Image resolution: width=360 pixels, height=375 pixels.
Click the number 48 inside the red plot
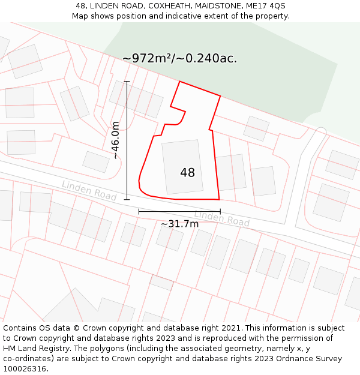(187, 173)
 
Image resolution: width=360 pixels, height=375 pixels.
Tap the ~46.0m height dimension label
(116, 140)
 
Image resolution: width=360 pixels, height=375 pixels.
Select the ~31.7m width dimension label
(179, 224)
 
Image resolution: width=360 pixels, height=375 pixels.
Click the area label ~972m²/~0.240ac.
(180, 58)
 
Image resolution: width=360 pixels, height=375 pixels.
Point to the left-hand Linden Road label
(89, 191)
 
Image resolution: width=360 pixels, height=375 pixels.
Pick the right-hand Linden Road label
(221, 218)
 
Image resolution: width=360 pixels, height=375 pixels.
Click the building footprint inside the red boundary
(182, 167)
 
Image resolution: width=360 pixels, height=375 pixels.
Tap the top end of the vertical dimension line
(127, 81)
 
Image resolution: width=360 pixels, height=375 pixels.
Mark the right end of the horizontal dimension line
(220, 211)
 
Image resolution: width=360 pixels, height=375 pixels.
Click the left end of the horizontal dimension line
(139, 211)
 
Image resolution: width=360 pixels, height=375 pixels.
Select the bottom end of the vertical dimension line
(127, 199)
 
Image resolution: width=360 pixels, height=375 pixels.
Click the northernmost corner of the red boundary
(179, 82)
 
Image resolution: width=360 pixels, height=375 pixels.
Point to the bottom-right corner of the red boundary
(219, 199)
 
